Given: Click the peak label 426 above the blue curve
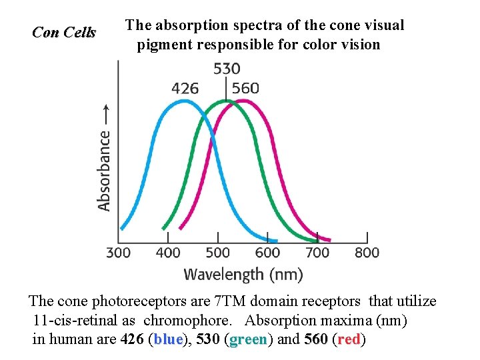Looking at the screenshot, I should pyautogui.click(x=185, y=88).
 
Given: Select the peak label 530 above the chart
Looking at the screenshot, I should pyautogui.click(x=227, y=69).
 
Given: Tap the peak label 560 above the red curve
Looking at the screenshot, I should pyautogui.click(x=245, y=88).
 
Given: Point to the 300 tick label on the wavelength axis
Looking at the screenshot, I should pyautogui.click(x=119, y=253).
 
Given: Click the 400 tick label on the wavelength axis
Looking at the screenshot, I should pyautogui.click(x=168, y=253).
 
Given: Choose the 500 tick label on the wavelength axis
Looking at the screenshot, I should pyautogui.click(x=218, y=253).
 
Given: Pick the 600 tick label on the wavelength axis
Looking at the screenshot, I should pyautogui.click(x=267, y=253).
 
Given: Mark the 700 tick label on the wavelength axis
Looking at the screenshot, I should pyautogui.click(x=317, y=253).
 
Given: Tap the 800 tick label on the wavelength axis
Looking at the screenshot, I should pyautogui.click(x=367, y=253).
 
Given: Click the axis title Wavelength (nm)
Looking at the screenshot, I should pyautogui.click(x=243, y=274).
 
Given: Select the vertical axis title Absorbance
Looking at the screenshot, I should pyautogui.click(x=105, y=170).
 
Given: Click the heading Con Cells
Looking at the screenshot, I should pyautogui.click(x=64, y=32).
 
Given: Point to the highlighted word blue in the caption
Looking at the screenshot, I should pyautogui.click(x=167, y=339).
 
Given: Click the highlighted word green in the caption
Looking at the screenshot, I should pyautogui.click(x=248, y=339).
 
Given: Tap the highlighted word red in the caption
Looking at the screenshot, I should pyautogui.click(x=349, y=339).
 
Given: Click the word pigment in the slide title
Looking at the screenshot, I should pyautogui.click(x=161, y=45).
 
